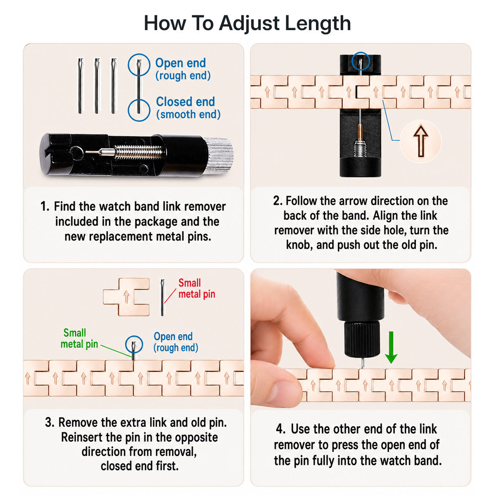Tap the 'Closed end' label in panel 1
point(185,101)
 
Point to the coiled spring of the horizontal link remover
point(139,152)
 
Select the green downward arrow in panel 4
point(391,347)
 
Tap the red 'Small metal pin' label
point(197,288)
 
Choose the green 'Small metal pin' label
point(79,338)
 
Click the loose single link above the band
point(126,297)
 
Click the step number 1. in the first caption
point(45,206)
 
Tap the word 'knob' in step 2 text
point(299,245)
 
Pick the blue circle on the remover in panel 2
point(361,61)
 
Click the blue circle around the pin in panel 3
point(134,344)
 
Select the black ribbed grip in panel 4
point(362,339)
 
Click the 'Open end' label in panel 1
point(181,63)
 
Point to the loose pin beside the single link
point(163,297)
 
